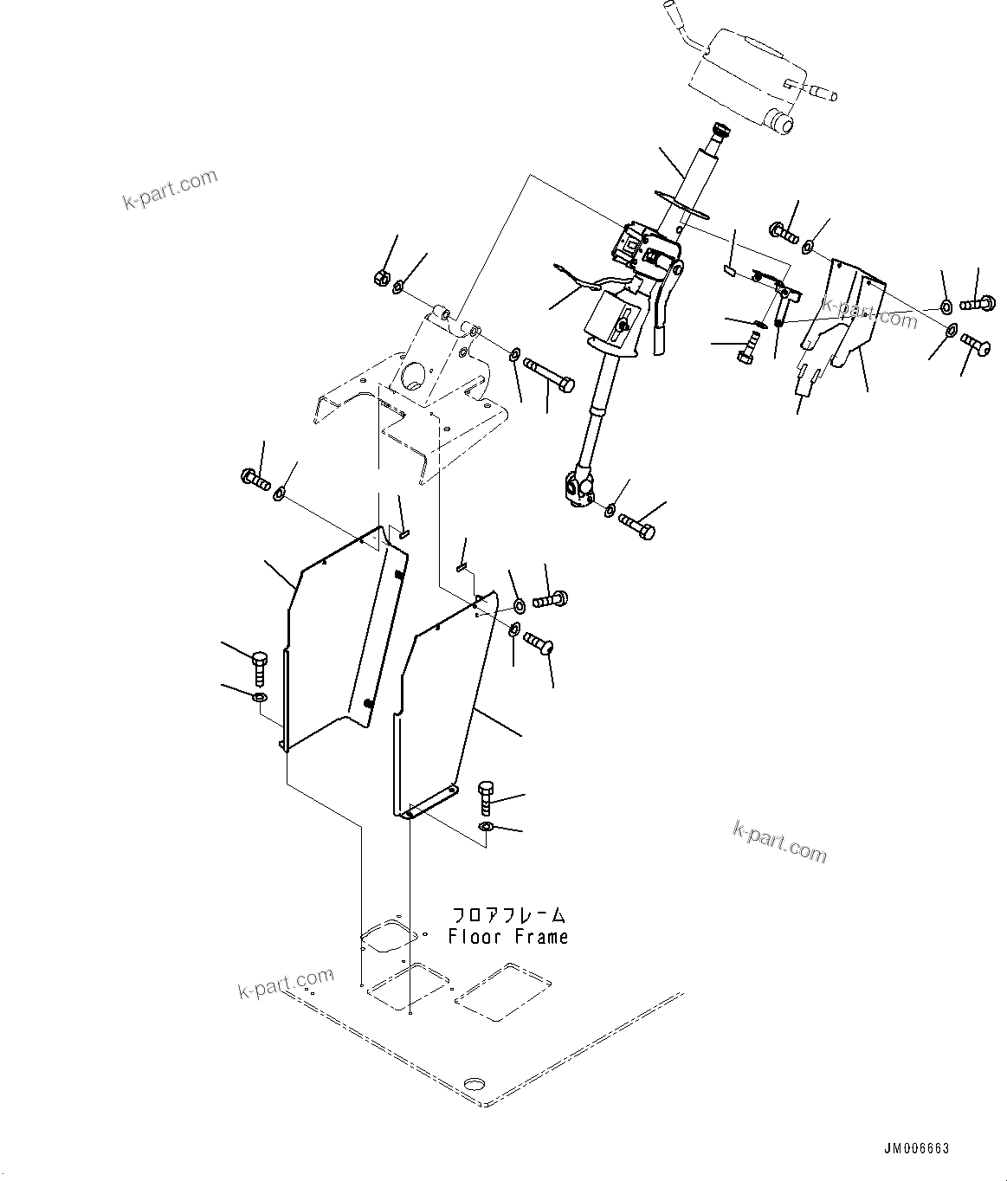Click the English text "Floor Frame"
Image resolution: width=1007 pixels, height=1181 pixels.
(508, 937)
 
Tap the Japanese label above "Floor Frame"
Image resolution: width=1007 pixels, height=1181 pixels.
(508, 915)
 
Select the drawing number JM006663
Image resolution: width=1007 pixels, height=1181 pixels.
(916, 1148)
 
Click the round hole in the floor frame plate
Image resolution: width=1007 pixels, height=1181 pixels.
(474, 1084)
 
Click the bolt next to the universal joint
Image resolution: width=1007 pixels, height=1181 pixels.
(639, 523)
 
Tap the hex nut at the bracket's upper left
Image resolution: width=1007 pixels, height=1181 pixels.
(379, 278)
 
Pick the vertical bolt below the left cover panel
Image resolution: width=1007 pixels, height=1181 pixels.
(260, 668)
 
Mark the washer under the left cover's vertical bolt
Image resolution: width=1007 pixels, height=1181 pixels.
(259, 697)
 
